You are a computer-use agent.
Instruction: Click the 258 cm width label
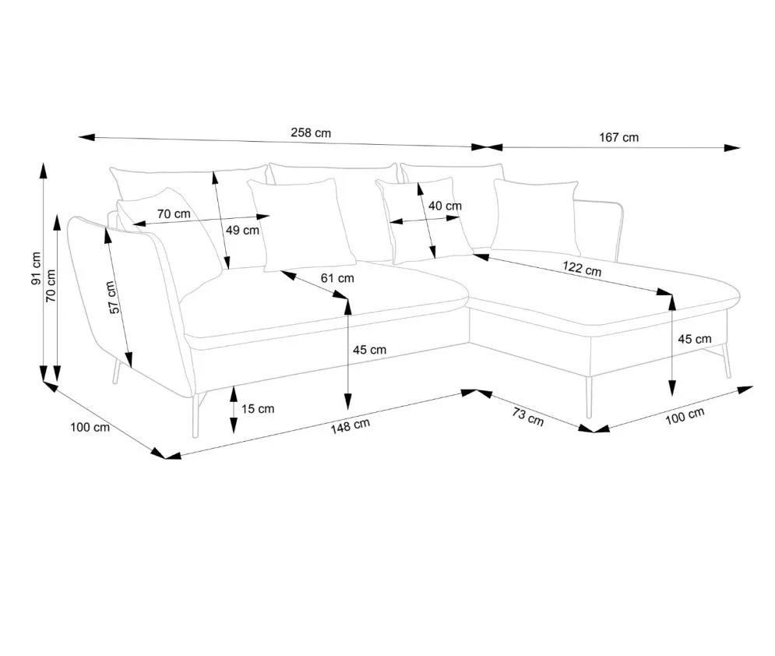311,132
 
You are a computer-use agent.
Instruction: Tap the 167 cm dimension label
619,137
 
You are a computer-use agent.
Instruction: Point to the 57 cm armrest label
114,298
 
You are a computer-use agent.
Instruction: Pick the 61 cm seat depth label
337,277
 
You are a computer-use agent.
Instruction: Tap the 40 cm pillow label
446,206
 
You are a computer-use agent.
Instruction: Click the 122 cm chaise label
582,270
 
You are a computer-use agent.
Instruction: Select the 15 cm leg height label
257,408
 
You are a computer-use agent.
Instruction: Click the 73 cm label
528,418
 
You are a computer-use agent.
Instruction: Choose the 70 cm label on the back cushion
174,213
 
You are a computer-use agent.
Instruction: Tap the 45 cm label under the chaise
695,339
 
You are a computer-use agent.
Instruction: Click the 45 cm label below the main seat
369,350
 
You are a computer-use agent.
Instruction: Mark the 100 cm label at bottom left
90,427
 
